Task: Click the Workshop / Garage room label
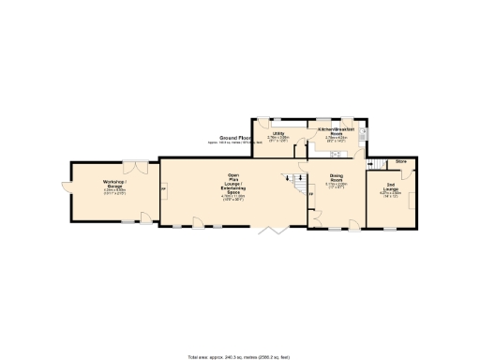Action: (x=114, y=184)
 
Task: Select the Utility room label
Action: (x=278, y=134)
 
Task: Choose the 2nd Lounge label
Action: (x=390, y=187)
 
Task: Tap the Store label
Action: (x=400, y=162)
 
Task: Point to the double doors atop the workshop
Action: (x=140, y=167)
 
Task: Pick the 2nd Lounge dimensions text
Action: (x=390, y=195)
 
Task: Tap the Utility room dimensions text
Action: (x=278, y=140)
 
